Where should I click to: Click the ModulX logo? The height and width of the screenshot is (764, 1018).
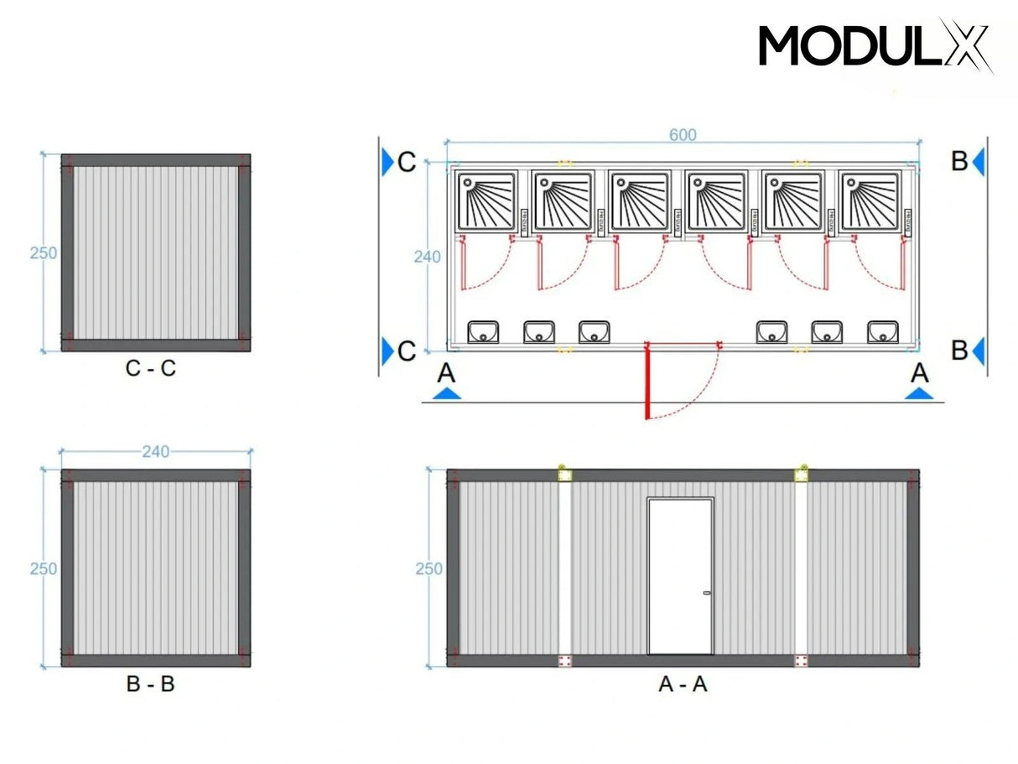pos(875,45)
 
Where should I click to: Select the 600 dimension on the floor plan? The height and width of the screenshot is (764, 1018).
pos(683,135)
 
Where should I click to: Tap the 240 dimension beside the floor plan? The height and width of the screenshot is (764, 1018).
pos(427,257)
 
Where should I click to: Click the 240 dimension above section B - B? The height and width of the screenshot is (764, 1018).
pos(155,452)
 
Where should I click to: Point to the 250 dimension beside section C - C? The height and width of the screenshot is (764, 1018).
pos(43,252)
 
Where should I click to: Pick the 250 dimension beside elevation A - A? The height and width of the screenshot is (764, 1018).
pos(428,569)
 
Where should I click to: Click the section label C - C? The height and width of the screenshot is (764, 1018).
pos(151,368)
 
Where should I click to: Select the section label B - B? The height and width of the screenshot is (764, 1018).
pos(151,683)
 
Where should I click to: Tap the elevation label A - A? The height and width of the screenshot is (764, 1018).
pos(683,683)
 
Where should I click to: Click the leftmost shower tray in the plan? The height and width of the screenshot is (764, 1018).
pos(486,201)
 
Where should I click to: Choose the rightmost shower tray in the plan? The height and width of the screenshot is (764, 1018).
pos(870,201)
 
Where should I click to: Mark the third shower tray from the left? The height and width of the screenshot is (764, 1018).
pos(639,201)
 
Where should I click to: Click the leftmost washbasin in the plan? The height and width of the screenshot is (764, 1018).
pos(483,332)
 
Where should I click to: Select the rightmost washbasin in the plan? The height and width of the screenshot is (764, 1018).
pos(882,332)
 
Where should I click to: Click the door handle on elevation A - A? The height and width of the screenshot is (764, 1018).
pos(706,594)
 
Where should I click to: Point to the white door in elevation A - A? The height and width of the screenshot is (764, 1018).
pos(680,576)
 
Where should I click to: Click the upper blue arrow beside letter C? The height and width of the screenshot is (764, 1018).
pos(387,161)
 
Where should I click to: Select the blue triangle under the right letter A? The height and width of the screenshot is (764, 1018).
pos(920,392)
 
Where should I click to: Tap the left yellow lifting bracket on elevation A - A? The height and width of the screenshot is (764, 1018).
pos(565,475)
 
